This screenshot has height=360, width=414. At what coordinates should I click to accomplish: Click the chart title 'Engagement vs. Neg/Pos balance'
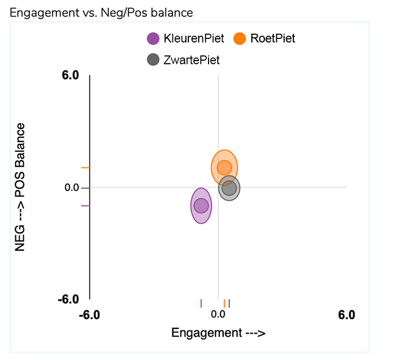(101, 13)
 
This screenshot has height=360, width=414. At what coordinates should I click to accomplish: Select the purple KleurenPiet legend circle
(153, 38)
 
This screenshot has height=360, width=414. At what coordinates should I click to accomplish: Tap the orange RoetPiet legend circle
(240, 38)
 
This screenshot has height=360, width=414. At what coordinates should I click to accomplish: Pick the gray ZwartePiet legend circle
(153, 60)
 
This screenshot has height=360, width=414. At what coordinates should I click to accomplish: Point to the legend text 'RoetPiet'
(272, 38)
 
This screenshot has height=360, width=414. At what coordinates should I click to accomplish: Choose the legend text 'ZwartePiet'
(191, 60)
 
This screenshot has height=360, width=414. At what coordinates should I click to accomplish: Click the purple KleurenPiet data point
(201, 206)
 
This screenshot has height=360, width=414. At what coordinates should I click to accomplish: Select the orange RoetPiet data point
(224, 167)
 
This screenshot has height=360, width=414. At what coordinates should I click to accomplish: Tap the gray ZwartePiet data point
(229, 188)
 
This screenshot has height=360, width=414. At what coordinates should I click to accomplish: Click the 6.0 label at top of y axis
(71, 76)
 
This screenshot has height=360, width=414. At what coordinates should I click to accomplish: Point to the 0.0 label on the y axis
(72, 188)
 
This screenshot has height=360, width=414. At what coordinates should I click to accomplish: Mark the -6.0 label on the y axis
(69, 299)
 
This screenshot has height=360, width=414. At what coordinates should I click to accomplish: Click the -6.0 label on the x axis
(90, 315)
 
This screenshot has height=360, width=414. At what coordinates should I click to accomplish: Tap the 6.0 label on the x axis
(346, 315)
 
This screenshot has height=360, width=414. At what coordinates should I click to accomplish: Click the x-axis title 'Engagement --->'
(218, 333)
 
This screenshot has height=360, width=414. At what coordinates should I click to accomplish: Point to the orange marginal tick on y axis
(86, 168)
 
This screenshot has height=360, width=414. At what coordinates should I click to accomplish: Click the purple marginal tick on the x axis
(201, 303)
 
